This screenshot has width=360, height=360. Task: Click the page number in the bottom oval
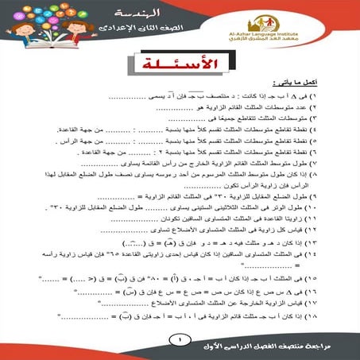[x=180, y=340]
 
